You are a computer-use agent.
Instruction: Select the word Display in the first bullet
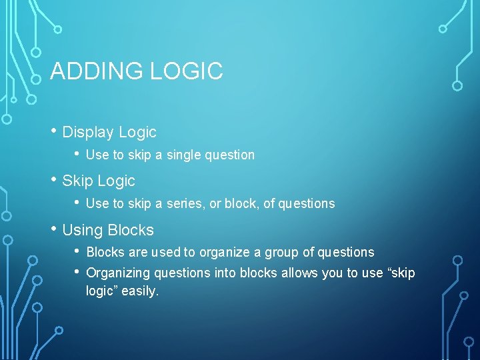[89, 132]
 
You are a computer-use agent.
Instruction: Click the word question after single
[229, 155]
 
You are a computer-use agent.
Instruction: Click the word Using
[82, 230]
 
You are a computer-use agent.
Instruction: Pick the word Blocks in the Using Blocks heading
[130, 230]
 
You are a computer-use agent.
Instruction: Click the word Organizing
[115, 273]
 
